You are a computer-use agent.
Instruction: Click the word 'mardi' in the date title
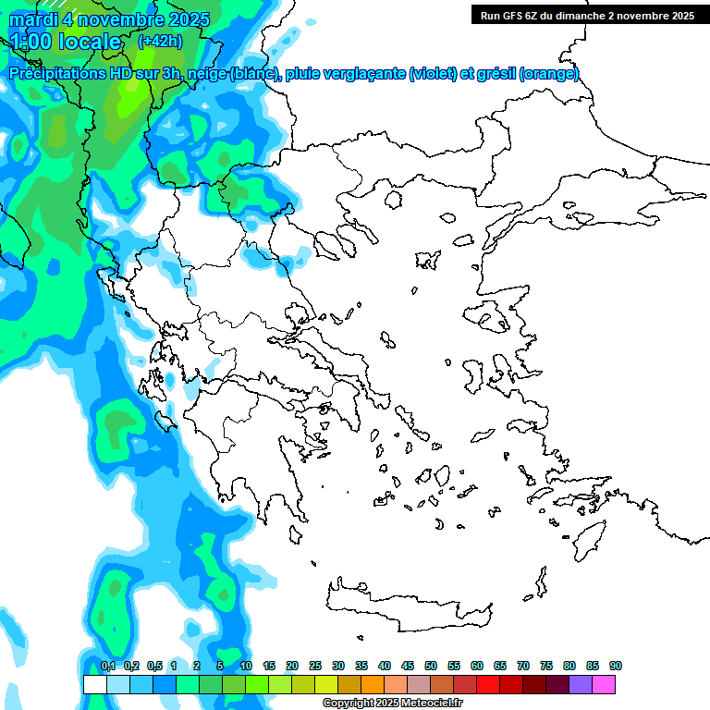(x=33, y=19)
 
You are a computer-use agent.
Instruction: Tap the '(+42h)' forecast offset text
(x=160, y=41)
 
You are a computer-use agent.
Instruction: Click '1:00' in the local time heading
(x=31, y=42)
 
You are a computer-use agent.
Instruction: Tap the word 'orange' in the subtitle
(x=549, y=75)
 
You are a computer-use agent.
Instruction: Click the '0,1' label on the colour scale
(x=107, y=666)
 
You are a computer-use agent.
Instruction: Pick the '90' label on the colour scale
(x=616, y=666)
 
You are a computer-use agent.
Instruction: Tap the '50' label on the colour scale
(x=431, y=666)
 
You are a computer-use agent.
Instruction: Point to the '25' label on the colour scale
(x=315, y=666)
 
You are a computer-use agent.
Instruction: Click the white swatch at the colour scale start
(x=94, y=685)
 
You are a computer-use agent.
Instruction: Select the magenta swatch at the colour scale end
(x=604, y=685)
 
